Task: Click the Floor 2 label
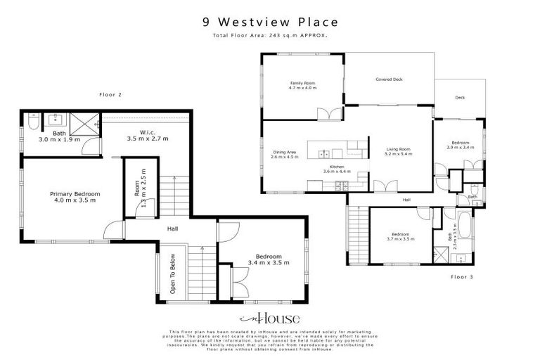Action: pyautogui.click(x=110, y=94)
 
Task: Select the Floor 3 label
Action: pyautogui.click(x=462, y=276)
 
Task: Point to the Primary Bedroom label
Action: pyautogui.click(x=75, y=197)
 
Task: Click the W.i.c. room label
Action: pyautogui.click(x=148, y=135)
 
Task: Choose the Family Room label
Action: pyautogui.click(x=303, y=86)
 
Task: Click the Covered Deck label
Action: pyautogui.click(x=389, y=79)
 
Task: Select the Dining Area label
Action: pyautogui.click(x=285, y=154)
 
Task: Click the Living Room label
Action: pyautogui.click(x=399, y=151)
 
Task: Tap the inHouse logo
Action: pyautogui.click(x=270, y=317)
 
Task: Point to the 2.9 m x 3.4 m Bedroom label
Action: pyautogui.click(x=461, y=145)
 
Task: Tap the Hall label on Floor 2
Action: pyautogui.click(x=172, y=229)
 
